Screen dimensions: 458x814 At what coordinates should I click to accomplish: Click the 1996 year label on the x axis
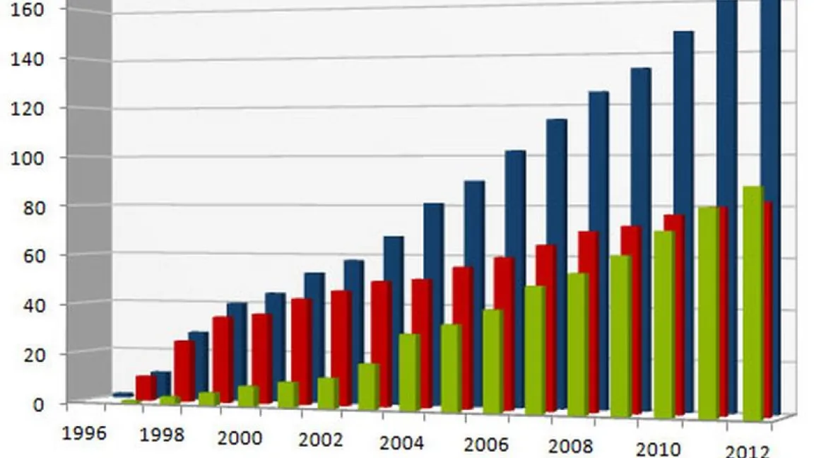[x=84, y=433]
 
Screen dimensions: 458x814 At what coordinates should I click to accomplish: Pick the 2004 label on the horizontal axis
[x=401, y=443]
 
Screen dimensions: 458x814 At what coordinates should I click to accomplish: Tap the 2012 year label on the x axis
[x=748, y=452]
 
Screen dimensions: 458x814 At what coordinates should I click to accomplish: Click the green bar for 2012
[x=753, y=304]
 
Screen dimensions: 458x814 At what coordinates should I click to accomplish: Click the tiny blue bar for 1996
[x=123, y=394]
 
